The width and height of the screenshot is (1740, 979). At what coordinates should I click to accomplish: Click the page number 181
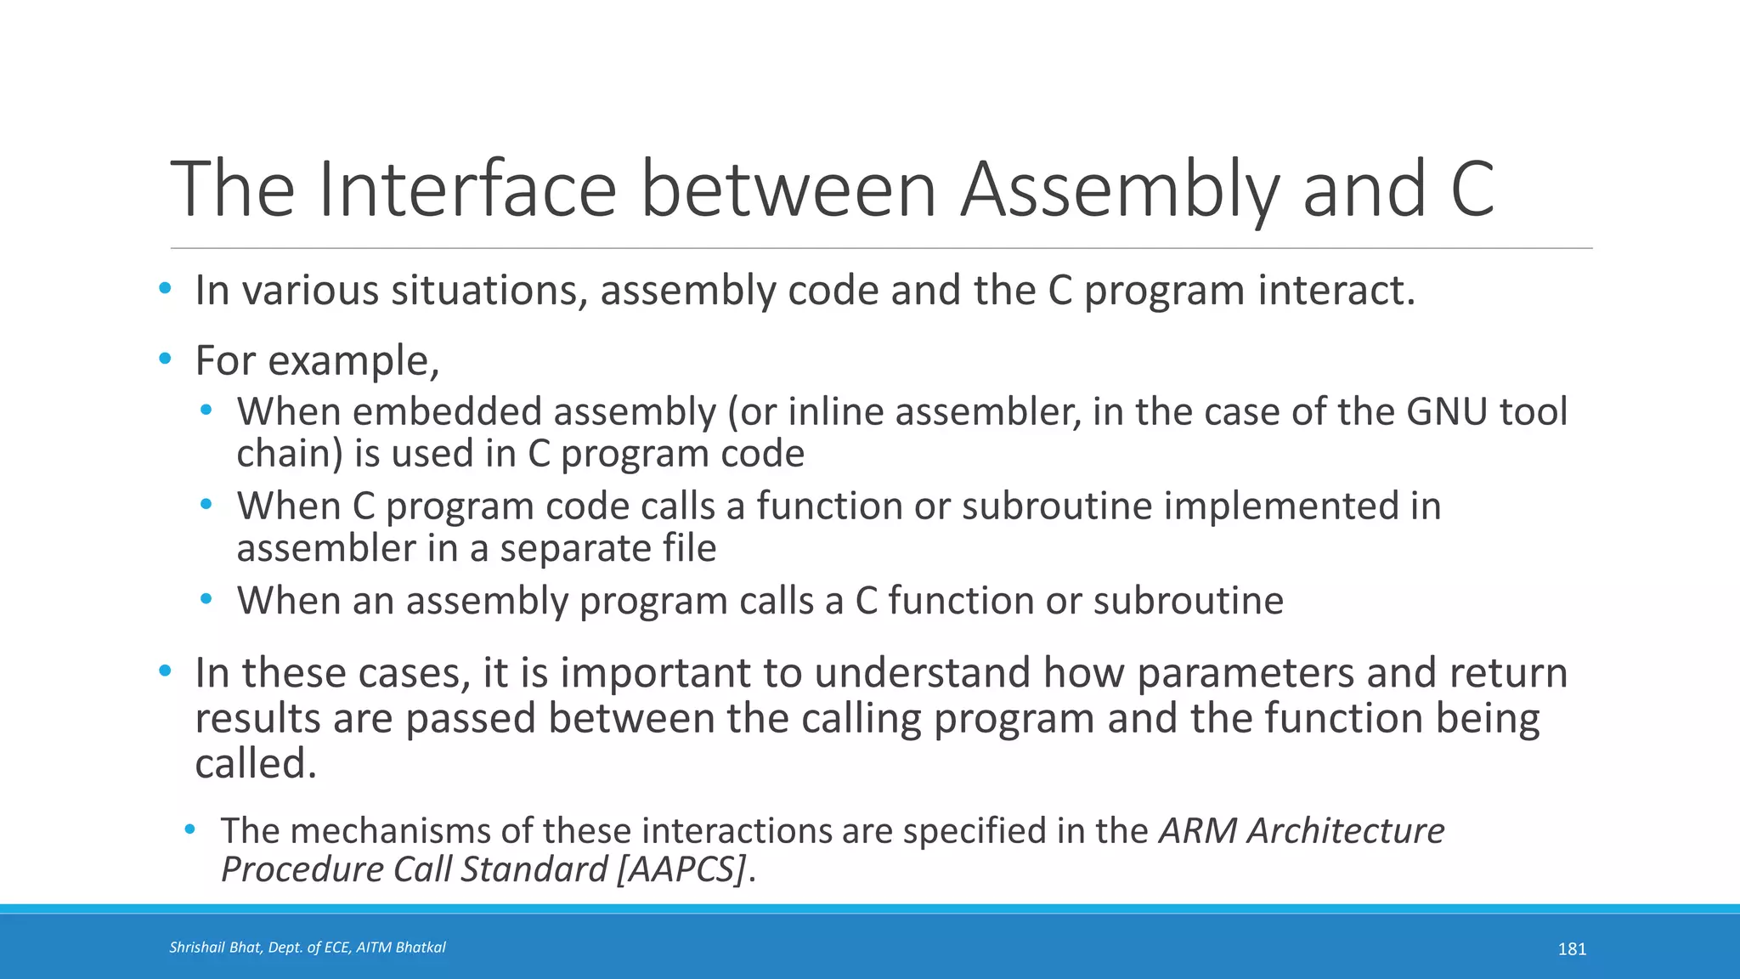(x=1572, y=949)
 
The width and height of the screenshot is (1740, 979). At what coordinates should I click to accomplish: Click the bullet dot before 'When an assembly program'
(x=206, y=600)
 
